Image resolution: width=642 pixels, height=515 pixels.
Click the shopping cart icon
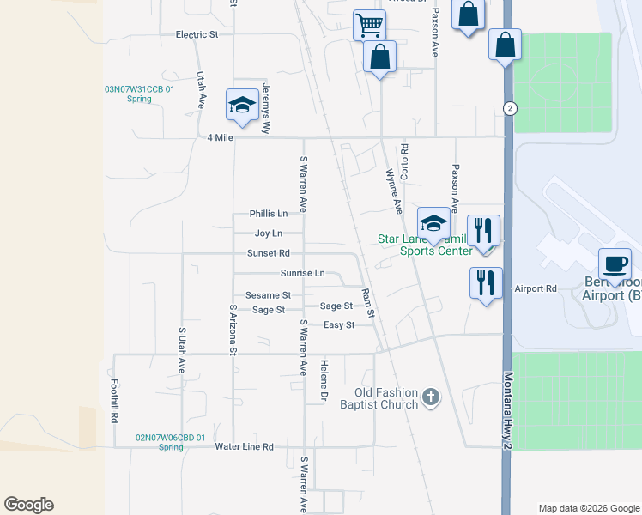pos(369,25)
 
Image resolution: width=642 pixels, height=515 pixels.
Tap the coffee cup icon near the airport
pos(615,263)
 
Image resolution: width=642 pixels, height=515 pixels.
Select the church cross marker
pos(431,397)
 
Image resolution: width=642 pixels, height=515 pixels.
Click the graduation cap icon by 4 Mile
pos(242,105)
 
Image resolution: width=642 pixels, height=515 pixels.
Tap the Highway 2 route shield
pos(511,107)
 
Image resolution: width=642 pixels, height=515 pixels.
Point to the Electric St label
pos(197,34)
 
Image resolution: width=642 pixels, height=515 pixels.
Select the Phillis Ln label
pos(268,214)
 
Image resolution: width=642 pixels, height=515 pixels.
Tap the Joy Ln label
pos(268,233)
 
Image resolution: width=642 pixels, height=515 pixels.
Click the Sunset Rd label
pos(268,253)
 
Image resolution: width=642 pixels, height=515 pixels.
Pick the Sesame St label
pos(268,295)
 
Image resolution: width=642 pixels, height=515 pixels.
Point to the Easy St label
pos(339,324)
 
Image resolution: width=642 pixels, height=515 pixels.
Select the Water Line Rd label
pos(244,447)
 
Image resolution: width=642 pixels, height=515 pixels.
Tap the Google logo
pos(28,505)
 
